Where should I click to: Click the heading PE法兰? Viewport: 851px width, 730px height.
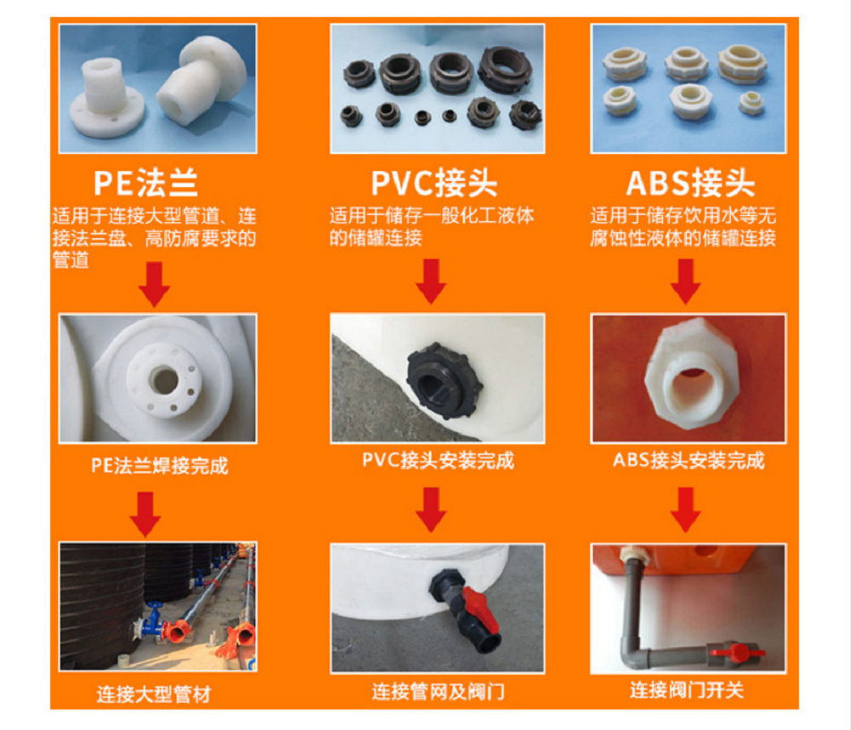tap(146, 183)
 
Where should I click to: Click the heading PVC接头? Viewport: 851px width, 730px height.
tap(434, 183)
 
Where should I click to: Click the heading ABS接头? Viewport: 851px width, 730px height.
tap(690, 183)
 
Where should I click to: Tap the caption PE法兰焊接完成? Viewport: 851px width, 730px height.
tap(160, 465)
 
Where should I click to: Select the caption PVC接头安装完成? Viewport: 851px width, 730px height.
tap(438, 460)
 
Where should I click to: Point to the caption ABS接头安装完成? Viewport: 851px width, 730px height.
tap(688, 460)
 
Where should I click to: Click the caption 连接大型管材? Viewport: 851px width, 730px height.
tap(153, 694)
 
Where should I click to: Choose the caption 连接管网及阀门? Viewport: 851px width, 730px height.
tap(438, 692)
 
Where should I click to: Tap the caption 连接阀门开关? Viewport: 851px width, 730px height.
tap(687, 690)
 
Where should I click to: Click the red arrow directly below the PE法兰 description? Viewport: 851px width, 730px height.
tap(154, 284)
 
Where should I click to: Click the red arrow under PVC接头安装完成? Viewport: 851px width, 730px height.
tap(431, 509)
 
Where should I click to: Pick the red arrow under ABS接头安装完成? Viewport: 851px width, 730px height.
tap(685, 509)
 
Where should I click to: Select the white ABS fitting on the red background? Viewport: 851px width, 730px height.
tap(691, 374)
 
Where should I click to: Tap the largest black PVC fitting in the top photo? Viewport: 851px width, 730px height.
tap(505, 70)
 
